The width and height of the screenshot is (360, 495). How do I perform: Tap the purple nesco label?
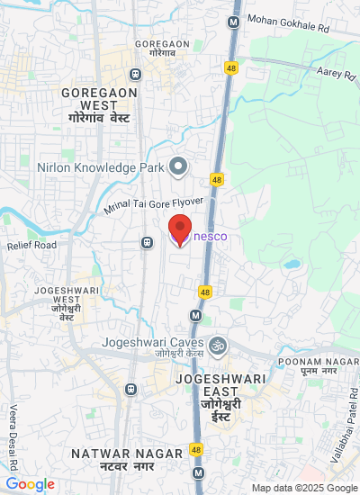tap(210, 237)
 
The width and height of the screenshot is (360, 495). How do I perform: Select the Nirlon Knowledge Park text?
tap(100, 166)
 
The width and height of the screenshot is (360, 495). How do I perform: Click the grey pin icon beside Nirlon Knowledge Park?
tap(178, 166)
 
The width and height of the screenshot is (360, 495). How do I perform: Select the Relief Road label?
tap(31, 245)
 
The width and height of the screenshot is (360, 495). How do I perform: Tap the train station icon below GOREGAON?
tap(135, 74)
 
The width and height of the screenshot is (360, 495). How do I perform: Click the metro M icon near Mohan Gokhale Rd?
tap(233, 21)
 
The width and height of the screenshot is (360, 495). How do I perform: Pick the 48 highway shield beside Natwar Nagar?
tap(196, 449)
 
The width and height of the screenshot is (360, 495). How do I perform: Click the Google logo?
tap(30, 484)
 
